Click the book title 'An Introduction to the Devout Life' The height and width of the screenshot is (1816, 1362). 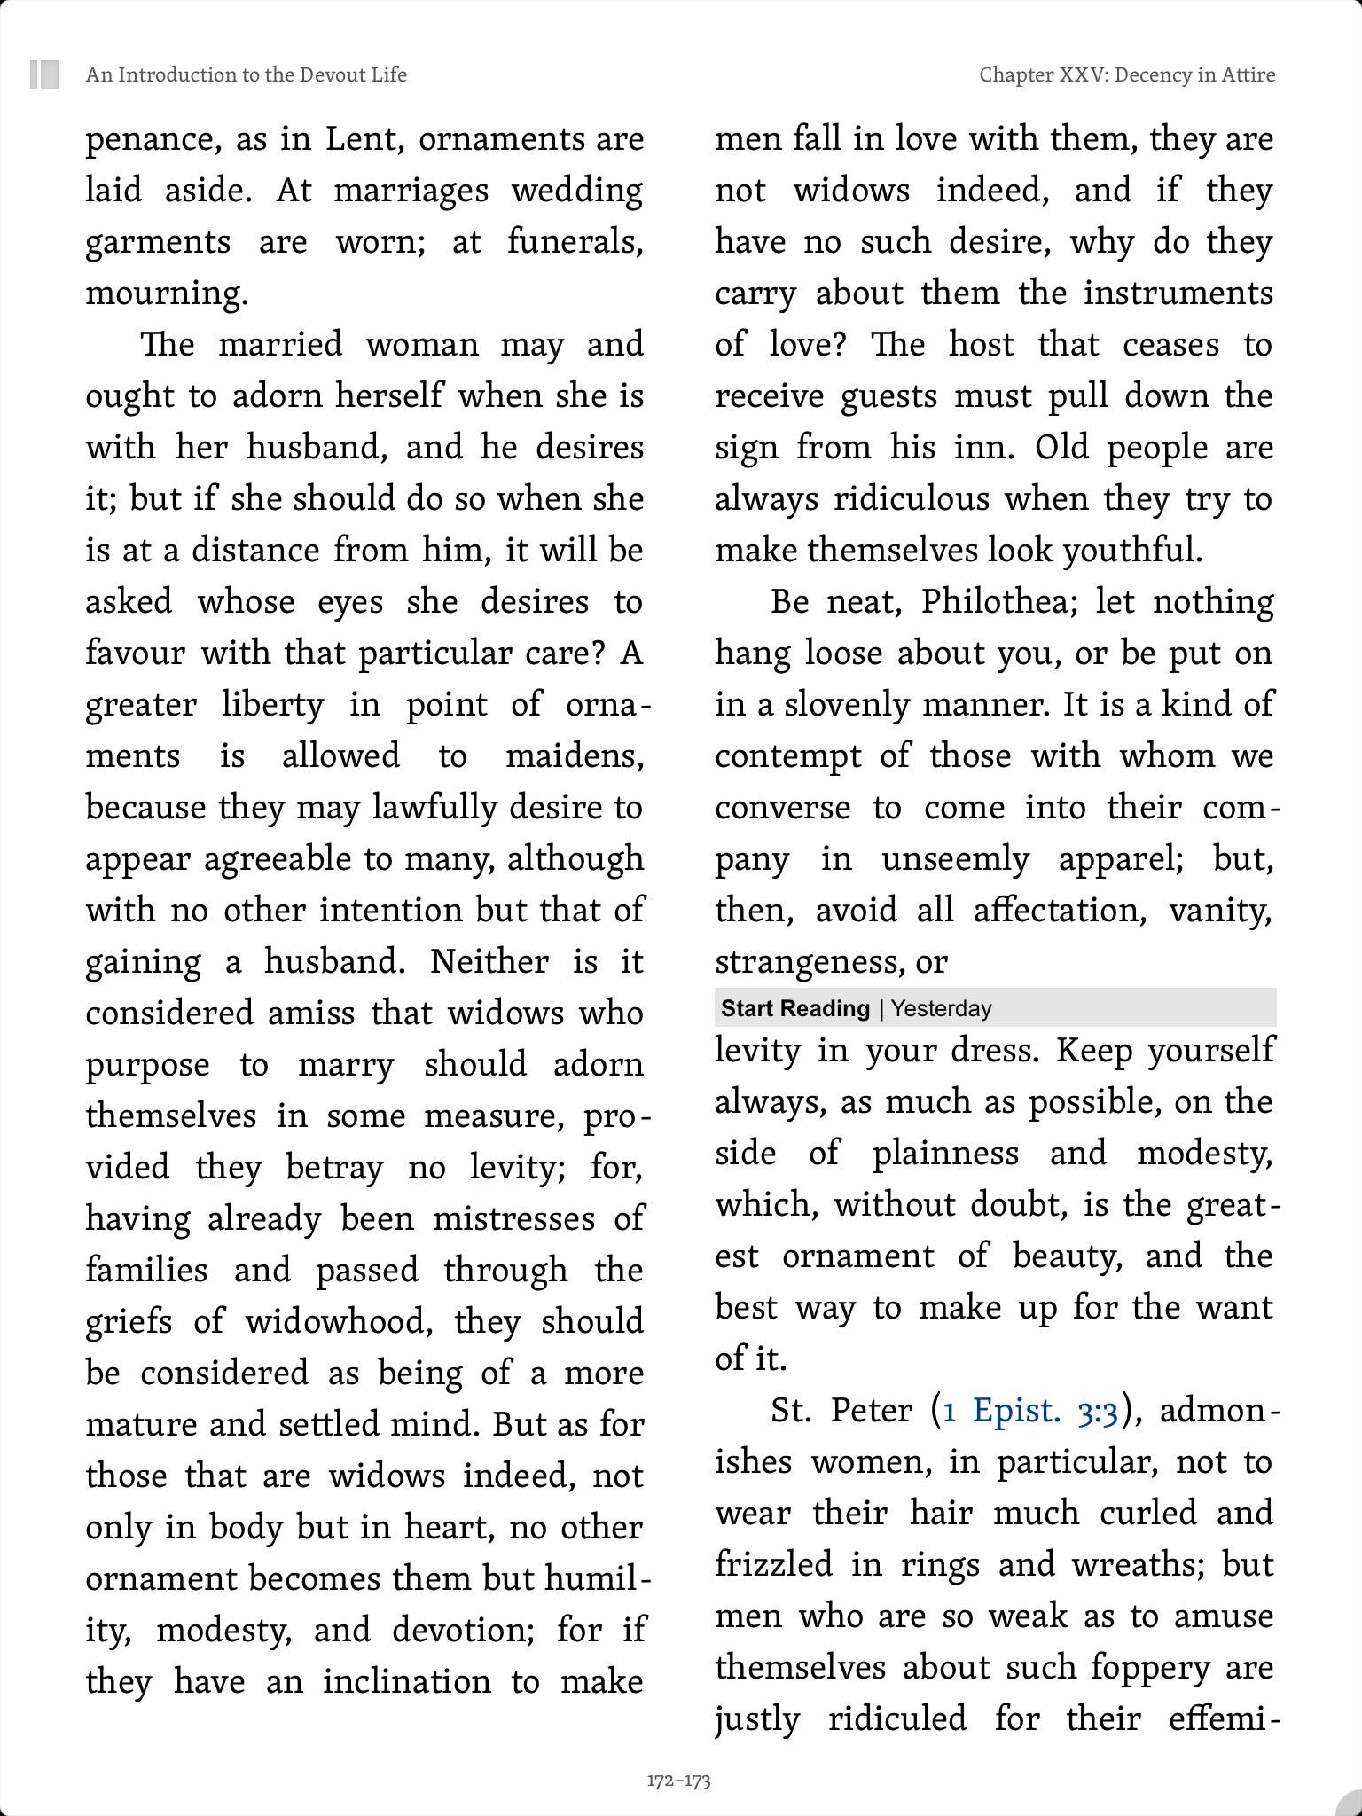pyautogui.click(x=246, y=74)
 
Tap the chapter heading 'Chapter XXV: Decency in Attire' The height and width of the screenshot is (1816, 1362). pyautogui.click(x=1127, y=74)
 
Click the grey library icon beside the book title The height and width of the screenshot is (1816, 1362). pyautogui.click(x=44, y=74)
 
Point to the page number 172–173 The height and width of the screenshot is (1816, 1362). pyautogui.click(x=678, y=1781)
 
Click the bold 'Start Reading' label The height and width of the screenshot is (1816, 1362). pyautogui.click(x=795, y=1008)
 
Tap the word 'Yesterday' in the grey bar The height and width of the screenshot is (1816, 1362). pyautogui.click(x=942, y=1008)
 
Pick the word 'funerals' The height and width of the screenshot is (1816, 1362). pyautogui.click(x=573, y=242)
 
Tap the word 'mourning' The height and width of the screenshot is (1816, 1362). pyautogui.click(x=165, y=294)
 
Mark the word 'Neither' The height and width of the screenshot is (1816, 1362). pyautogui.click(x=489, y=962)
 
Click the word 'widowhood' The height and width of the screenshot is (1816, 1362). pyautogui.click(x=338, y=1322)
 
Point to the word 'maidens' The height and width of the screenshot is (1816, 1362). pyautogui.click(x=573, y=756)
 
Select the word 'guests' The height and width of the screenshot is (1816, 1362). pyautogui.click(x=888, y=396)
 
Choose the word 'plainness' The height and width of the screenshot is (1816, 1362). pyautogui.click(x=946, y=1154)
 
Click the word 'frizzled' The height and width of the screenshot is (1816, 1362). pyautogui.click(x=773, y=1564)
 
